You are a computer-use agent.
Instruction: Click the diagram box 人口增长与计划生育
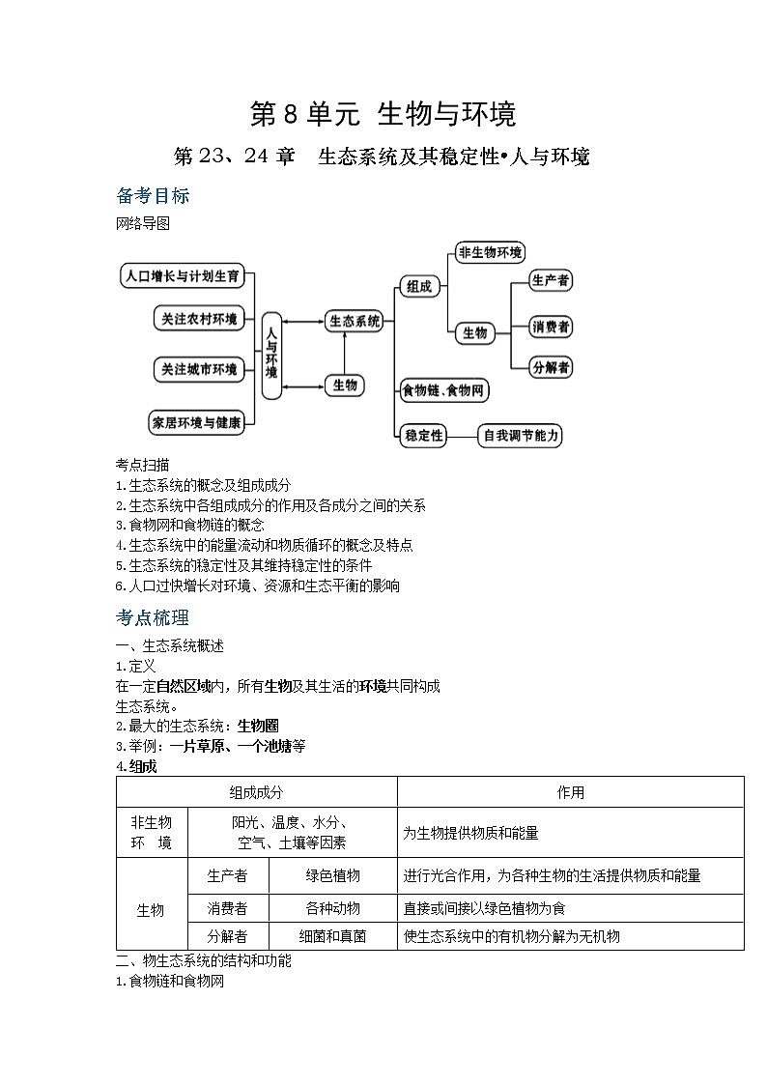pos(182,275)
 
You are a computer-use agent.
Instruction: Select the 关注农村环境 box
pos(199,320)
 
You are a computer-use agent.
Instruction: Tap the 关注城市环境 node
pos(199,369)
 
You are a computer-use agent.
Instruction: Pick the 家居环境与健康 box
pos(195,421)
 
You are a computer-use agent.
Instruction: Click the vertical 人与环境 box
pos(271,356)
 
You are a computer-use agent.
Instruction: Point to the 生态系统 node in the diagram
pos(355,322)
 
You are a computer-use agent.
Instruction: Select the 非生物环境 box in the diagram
pos(490,253)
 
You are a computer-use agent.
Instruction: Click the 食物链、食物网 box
pos(444,390)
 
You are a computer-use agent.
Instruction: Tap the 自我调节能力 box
pos(521,436)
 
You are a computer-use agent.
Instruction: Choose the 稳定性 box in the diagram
pos(423,436)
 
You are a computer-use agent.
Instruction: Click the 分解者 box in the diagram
pos(551,367)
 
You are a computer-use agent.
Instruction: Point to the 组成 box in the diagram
pos(418,286)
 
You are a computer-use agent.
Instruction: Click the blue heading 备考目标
pos(153,196)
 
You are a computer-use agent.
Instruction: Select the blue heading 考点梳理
pos(153,617)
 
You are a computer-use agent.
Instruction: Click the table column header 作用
pos(570,792)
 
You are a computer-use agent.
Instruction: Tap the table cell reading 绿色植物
pos(332,875)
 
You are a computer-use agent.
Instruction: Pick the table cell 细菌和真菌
pos(332,936)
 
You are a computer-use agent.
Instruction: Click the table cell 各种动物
pos(332,908)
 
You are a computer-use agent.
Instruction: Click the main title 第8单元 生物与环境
pos(383,114)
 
